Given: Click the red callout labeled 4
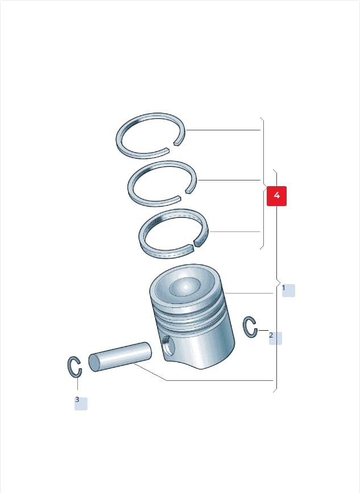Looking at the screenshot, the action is (276, 196).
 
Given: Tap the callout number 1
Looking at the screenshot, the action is (284, 287).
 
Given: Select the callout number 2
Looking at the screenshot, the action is (271, 335).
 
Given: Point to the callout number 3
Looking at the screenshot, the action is (77, 400).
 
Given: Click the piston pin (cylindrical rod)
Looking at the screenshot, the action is (120, 356).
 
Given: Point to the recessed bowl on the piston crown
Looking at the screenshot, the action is (185, 286).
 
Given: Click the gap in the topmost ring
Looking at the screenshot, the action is (172, 147).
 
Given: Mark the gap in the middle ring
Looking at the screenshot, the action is (184, 194).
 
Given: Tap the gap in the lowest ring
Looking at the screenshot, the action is (193, 246).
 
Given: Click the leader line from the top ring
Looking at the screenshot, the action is (223, 130).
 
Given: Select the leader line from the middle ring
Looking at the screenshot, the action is (229, 180).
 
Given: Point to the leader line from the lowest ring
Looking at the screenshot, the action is (235, 232).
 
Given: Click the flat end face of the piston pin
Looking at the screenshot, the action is (95, 363).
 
